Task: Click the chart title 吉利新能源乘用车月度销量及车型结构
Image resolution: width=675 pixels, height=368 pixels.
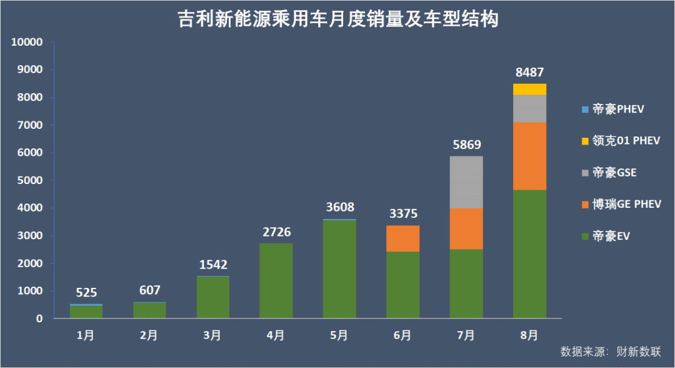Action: click(337, 19)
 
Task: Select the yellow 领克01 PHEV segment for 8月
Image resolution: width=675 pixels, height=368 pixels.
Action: click(529, 89)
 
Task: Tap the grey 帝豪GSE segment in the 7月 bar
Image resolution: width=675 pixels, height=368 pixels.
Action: click(466, 182)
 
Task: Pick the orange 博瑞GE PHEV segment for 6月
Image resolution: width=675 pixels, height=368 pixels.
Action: click(402, 238)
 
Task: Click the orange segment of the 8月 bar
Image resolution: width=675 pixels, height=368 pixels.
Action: click(529, 156)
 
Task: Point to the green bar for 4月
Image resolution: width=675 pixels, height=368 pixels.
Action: click(276, 281)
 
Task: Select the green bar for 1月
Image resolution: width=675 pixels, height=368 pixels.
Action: click(86, 312)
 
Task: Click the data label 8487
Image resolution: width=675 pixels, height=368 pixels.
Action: click(529, 73)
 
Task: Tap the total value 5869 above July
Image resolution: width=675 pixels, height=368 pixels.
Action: click(466, 145)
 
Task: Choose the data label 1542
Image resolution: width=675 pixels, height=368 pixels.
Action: click(213, 265)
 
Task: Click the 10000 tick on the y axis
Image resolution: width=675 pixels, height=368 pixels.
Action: click(27, 43)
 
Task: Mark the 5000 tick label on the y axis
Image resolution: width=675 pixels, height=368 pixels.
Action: click(29, 180)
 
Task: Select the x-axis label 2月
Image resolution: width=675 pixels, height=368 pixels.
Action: click(149, 335)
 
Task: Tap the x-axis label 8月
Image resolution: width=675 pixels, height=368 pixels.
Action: click(529, 335)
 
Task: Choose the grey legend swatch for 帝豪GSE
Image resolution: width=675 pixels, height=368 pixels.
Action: click(585, 173)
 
